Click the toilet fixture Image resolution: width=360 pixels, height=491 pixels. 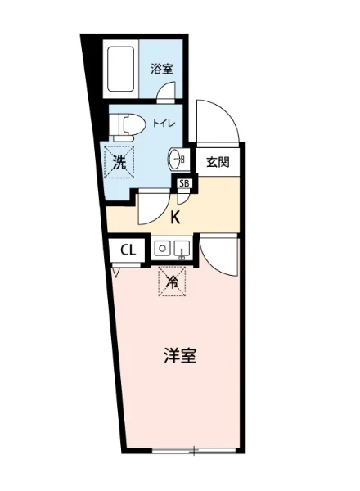[127, 125]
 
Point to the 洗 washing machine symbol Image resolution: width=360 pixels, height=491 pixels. [119, 161]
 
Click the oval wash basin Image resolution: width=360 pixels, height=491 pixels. [177, 158]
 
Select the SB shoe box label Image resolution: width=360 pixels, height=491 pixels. [184, 183]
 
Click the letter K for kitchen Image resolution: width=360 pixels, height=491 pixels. [175, 218]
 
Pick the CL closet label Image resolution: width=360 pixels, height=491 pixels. [128, 250]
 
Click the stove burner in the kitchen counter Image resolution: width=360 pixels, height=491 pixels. [162, 248]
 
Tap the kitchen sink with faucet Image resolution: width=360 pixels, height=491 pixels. [182, 248]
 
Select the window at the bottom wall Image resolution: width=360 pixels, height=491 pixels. [196, 449]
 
